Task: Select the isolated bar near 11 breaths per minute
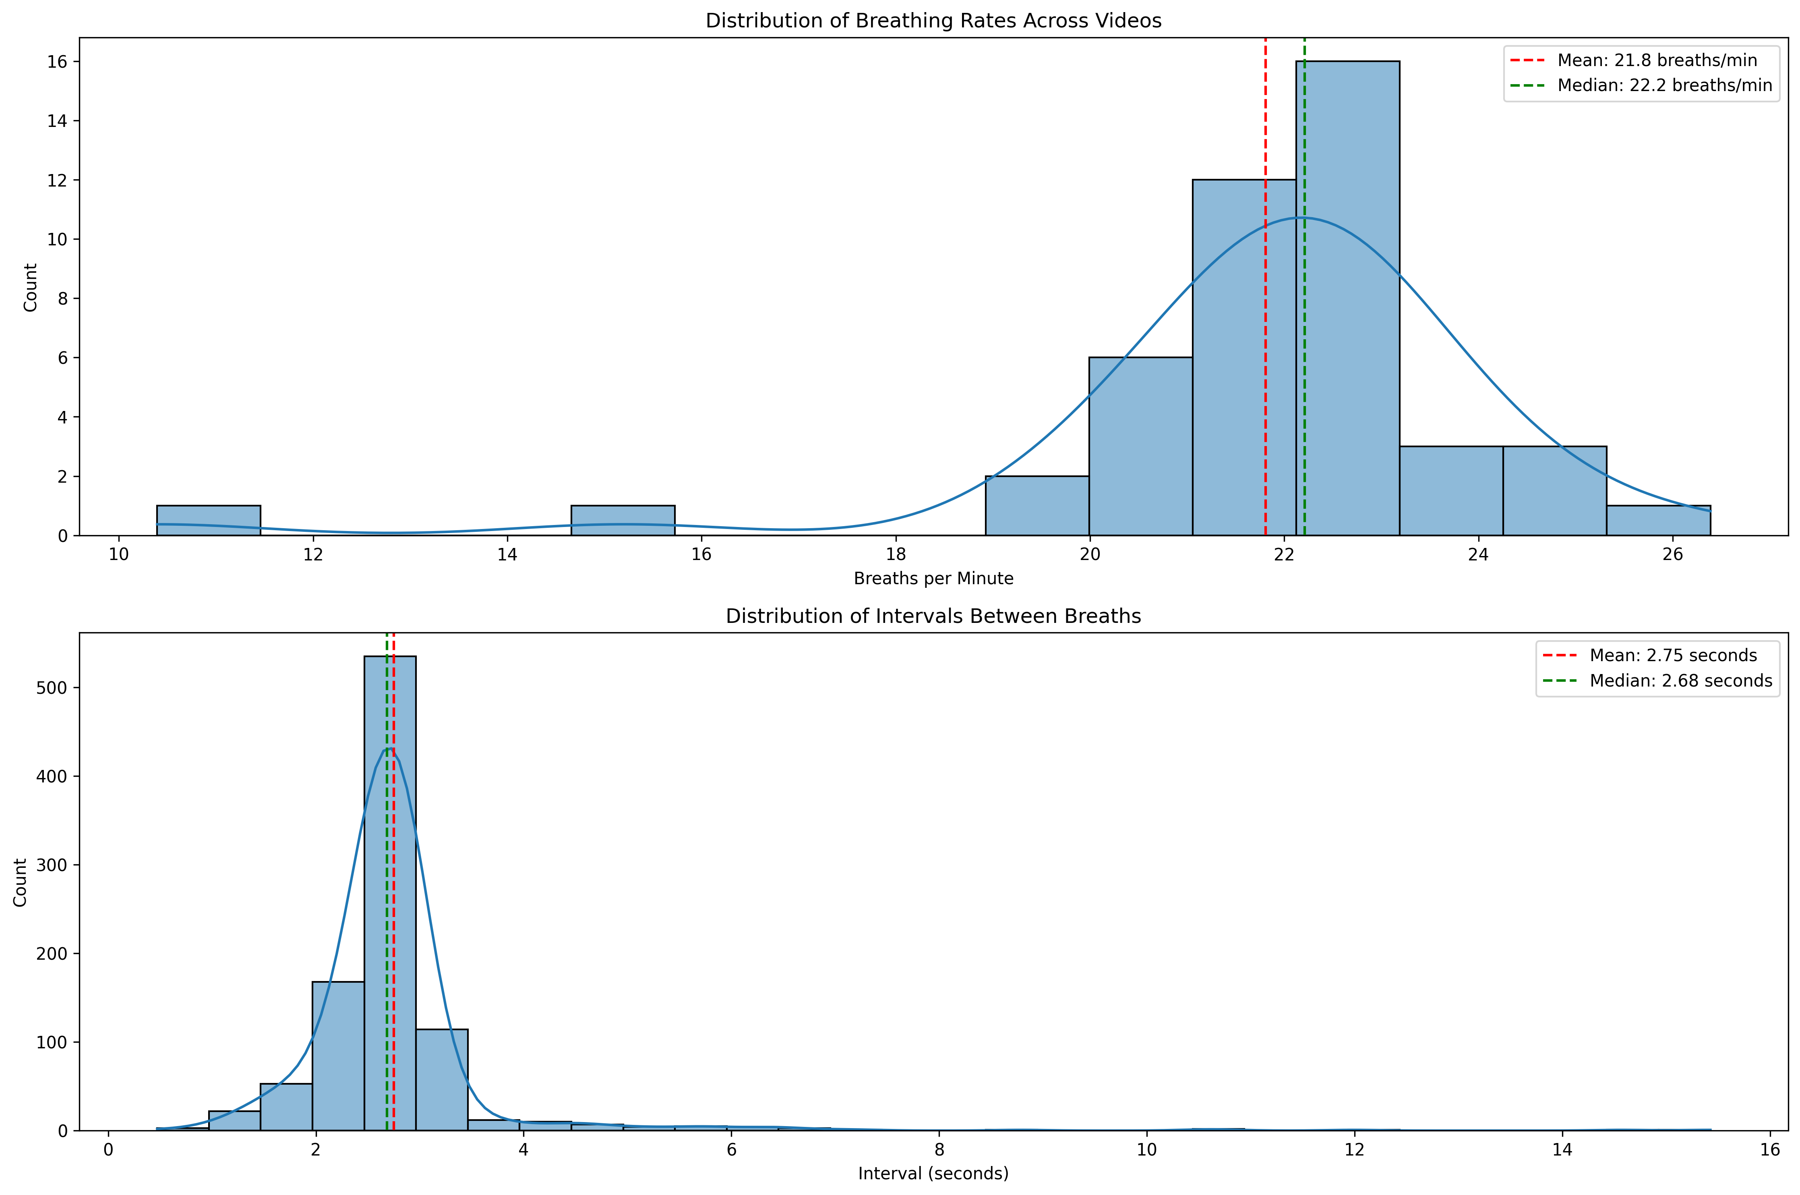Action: click(x=208, y=521)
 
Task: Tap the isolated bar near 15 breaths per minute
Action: click(x=622, y=521)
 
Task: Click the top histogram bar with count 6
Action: click(x=1140, y=450)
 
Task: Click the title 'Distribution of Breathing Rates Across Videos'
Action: click(x=933, y=21)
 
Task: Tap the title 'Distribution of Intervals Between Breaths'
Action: click(x=933, y=616)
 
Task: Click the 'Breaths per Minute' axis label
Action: click(x=933, y=579)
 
